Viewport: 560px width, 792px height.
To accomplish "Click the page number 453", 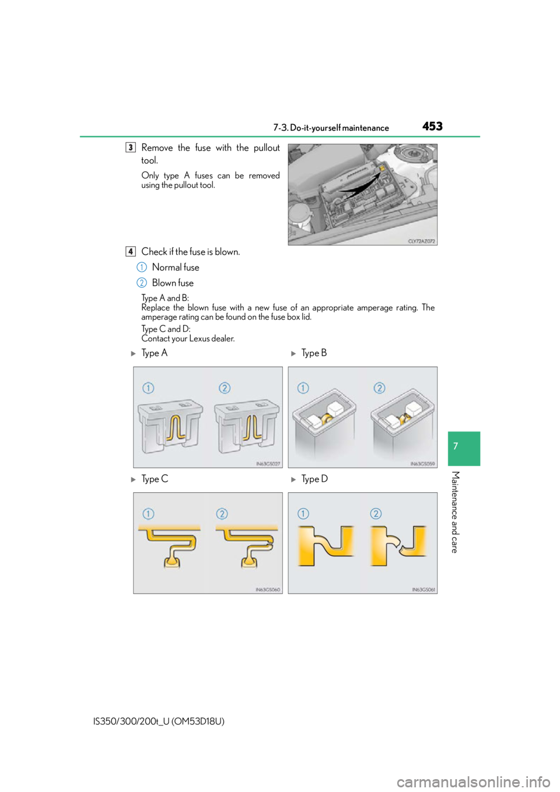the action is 432,126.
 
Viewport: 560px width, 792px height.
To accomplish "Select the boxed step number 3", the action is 131,147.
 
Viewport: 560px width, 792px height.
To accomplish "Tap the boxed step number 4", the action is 131,251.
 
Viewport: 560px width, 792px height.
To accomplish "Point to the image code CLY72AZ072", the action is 422,241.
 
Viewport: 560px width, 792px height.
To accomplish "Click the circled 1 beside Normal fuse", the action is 141,267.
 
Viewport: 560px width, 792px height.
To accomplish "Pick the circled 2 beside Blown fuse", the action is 141,283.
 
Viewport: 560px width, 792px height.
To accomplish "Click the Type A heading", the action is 154,353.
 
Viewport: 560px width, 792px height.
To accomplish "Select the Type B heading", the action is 314,353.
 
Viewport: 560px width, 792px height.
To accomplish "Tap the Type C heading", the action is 155,479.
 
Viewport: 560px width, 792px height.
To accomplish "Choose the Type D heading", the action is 314,479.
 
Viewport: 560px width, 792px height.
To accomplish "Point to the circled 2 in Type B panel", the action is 379,388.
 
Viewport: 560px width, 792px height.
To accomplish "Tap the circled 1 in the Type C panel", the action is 148,514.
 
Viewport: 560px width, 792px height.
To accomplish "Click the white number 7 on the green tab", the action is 456,446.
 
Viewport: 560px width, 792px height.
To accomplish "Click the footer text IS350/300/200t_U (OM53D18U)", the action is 159,721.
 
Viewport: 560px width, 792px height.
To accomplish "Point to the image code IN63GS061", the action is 423,590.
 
